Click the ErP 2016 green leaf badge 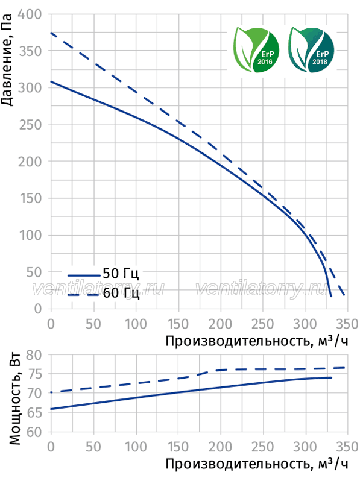pyautogui.click(x=256, y=49)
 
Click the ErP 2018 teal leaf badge pyautogui.click(x=311, y=49)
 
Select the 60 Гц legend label pyautogui.click(x=121, y=293)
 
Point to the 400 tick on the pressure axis pyautogui.click(x=30, y=14)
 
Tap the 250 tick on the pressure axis pyautogui.click(x=30, y=125)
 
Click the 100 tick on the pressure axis pyautogui.click(x=30, y=235)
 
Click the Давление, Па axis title pyautogui.click(x=7, y=60)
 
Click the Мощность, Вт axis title pyautogui.click(x=14, y=399)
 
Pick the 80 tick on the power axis pyautogui.click(x=34, y=355)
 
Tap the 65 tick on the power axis pyautogui.click(x=34, y=413)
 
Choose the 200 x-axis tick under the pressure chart pyautogui.click(x=220, y=324)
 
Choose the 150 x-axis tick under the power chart pyautogui.click(x=178, y=447)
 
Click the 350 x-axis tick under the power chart pyautogui.click(x=347, y=447)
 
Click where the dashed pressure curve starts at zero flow pyautogui.click(x=51, y=33)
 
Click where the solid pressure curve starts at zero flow pyautogui.click(x=51, y=81)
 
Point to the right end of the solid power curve pyautogui.click(x=331, y=377)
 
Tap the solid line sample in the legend pyautogui.click(x=84, y=276)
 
